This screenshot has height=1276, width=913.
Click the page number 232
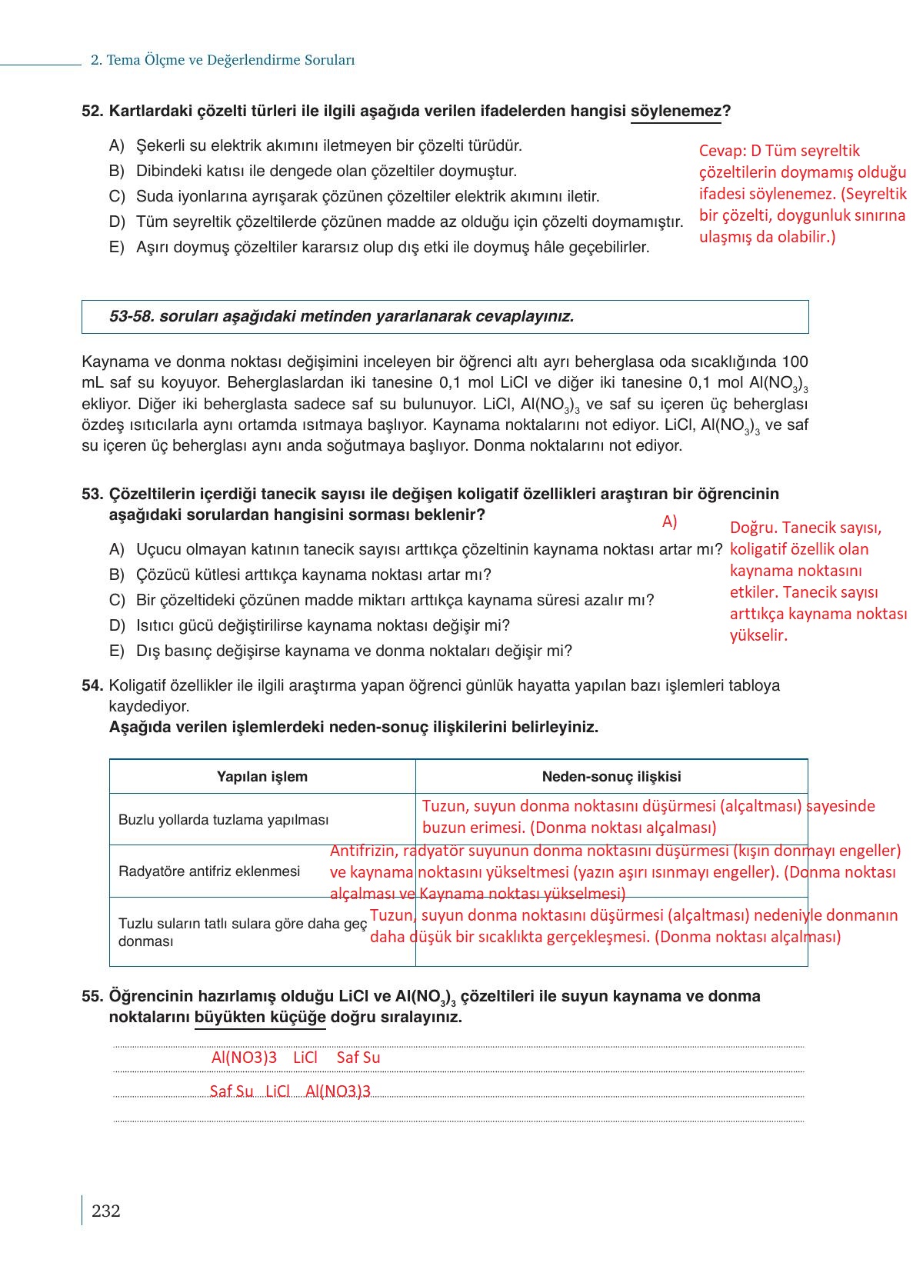pos(105,1211)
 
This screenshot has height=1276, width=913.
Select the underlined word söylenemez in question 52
pos(675,112)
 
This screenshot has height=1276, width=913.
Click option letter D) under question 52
pos(117,222)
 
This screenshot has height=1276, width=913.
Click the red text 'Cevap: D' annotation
pos(731,152)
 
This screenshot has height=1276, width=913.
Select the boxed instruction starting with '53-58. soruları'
pos(342,316)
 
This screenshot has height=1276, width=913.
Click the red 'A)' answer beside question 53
pos(669,522)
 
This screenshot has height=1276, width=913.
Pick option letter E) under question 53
pos(117,651)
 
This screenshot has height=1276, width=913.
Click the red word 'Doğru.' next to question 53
pos(754,528)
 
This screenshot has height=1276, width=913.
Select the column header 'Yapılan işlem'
pos(262,777)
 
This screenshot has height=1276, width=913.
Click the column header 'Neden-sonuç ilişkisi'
pos(611,777)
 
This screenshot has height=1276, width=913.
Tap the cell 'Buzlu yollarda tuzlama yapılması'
pos(223,820)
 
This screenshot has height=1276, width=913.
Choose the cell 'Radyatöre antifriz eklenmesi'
pos(209,871)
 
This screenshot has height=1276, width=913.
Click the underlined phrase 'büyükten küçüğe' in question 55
pos(260,1018)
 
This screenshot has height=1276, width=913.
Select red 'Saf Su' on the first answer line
pos(358,1058)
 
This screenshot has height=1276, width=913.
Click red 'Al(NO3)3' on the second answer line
pos(338,1091)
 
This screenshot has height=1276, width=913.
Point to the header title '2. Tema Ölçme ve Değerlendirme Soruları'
pos(222,60)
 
